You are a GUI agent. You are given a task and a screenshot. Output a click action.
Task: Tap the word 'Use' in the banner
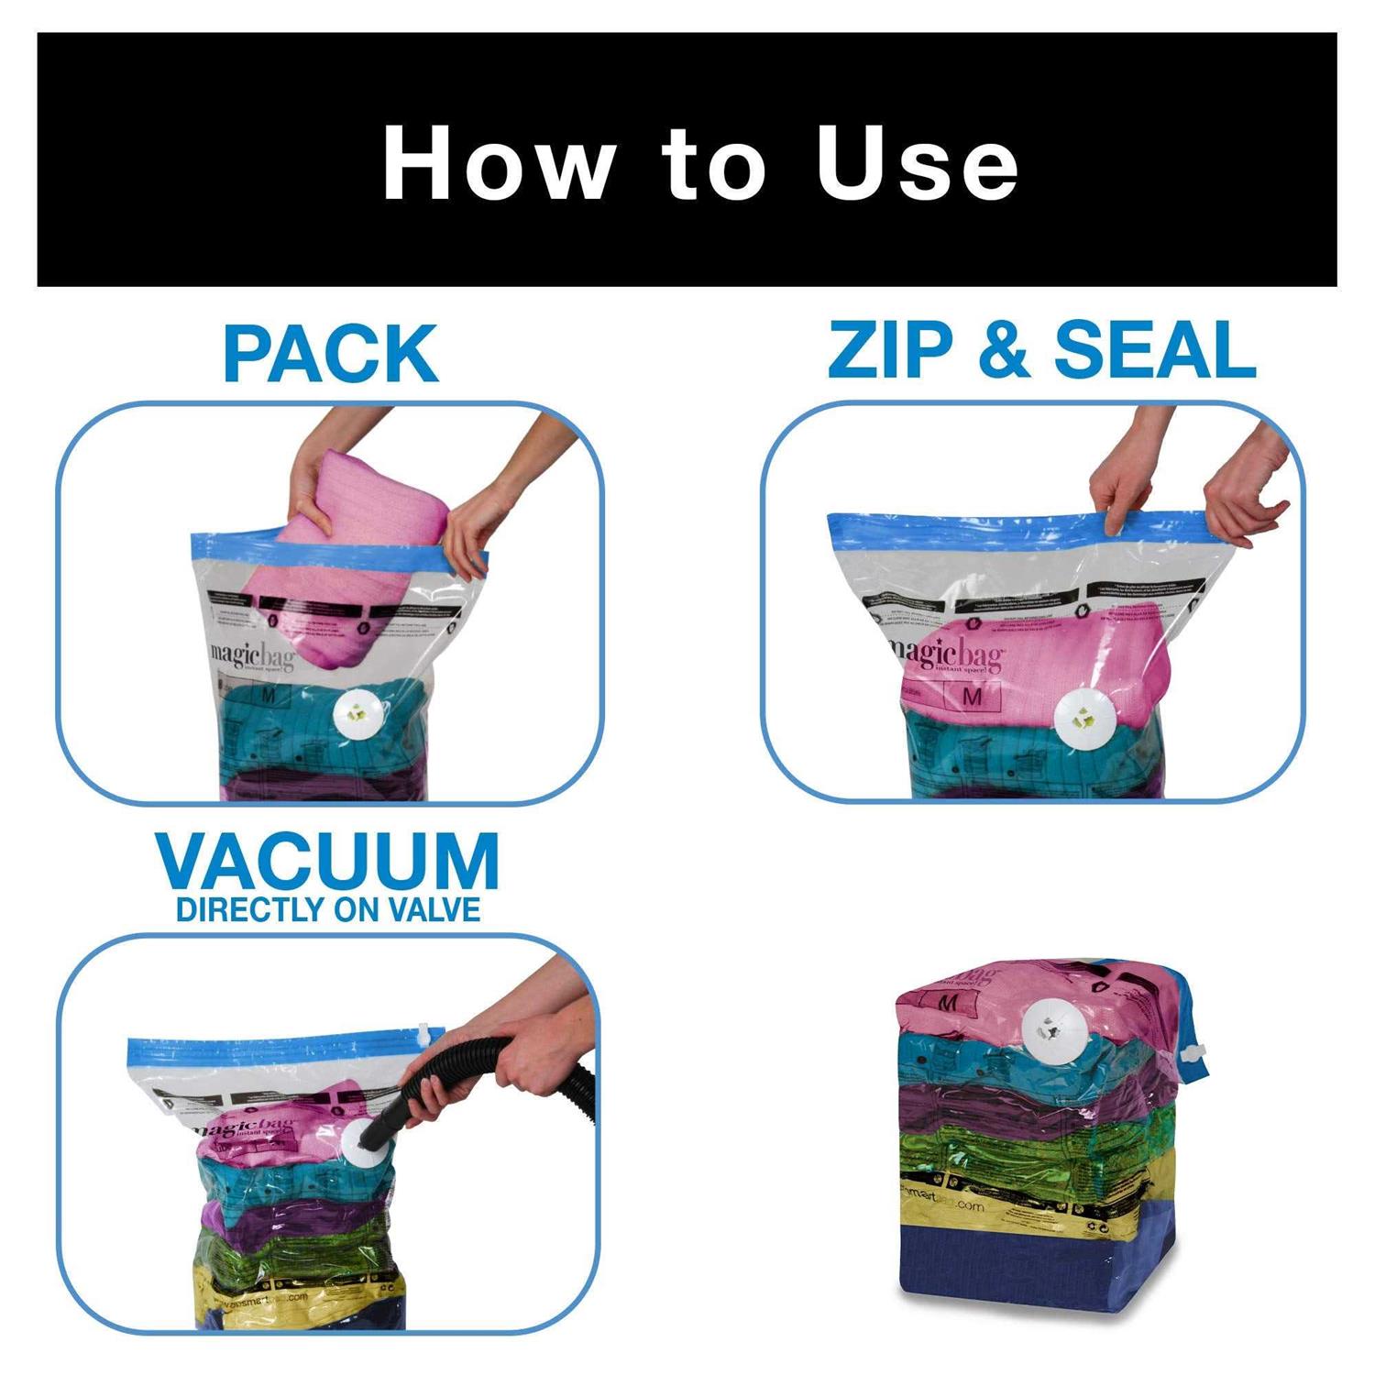point(918,163)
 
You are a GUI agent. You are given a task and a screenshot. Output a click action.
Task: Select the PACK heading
point(330,354)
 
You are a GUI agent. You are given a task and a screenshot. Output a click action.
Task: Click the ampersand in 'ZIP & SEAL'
point(1003,350)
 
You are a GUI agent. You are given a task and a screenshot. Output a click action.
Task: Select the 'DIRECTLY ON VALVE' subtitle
point(328,909)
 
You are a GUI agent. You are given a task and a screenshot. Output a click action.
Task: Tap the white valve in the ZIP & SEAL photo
point(1082,718)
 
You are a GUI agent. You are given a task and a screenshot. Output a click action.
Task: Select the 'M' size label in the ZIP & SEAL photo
point(973,697)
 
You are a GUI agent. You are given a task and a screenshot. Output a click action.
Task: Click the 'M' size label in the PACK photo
point(269,696)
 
